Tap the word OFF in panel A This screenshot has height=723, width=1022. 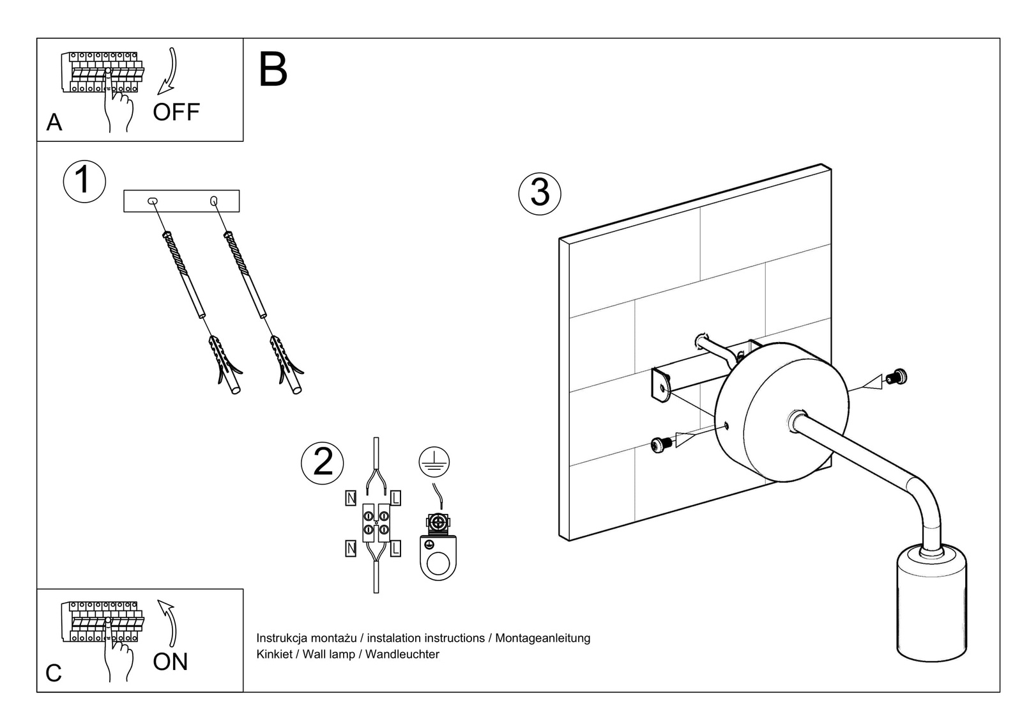tap(176, 113)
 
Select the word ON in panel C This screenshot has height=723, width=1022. tap(171, 662)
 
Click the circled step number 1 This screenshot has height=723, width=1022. tap(84, 181)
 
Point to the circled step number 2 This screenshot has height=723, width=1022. tap(323, 462)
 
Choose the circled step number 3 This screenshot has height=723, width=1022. tap(540, 192)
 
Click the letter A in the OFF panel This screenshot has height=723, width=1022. tap(54, 122)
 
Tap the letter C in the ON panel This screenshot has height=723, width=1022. tap(54, 673)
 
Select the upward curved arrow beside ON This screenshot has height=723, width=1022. tap(169, 623)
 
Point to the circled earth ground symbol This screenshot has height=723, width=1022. tap(434, 462)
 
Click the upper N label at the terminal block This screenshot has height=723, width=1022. tap(351, 498)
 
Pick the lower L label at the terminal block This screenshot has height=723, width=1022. tap(395, 548)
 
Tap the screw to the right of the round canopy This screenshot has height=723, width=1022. tap(897, 378)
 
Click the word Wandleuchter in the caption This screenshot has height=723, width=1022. tap(402, 655)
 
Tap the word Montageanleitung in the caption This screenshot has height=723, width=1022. tap(542, 638)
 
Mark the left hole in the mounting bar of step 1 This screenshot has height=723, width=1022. tap(153, 201)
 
